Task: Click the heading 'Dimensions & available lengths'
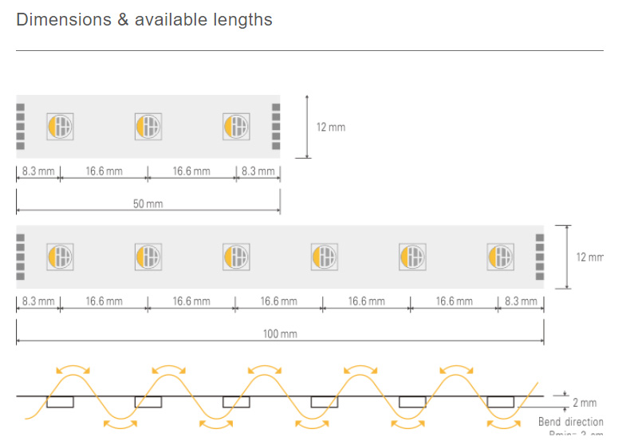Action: coord(144,20)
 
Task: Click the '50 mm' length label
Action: coord(148,203)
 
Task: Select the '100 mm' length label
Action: coord(280,333)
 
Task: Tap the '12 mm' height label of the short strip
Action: coord(331,127)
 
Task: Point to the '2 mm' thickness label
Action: coord(585,403)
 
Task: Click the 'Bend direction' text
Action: coord(570,421)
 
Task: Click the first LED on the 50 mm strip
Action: coord(61,126)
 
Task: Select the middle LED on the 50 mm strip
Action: coord(148,126)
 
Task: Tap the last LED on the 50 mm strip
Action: coord(236,126)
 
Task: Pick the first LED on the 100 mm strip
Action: coord(61,257)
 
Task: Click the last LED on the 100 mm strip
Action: coord(500,257)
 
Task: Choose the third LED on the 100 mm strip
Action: coord(236,257)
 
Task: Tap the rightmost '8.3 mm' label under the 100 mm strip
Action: coord(522,301)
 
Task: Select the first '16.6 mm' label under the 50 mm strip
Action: coord(104,171)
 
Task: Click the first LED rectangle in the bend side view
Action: coord(60,401)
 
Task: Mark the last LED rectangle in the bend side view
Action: coord(501,401)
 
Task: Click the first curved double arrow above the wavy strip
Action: coord(73,370)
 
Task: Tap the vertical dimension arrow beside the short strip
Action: coord(307,126)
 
